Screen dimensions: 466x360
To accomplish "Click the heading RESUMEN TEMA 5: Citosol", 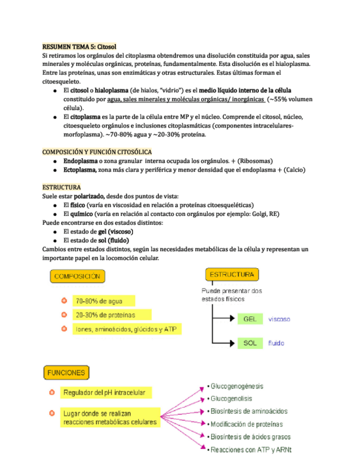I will point(79,47).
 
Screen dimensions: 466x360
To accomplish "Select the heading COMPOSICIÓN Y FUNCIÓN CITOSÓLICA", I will point(97,152).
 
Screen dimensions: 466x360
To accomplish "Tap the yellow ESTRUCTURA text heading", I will point(62,187).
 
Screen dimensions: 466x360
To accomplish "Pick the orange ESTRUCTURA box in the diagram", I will point(232,274).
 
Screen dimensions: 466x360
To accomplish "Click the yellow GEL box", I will point(249,319).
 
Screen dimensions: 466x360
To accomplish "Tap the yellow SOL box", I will point(249,343).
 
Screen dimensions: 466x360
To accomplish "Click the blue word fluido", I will point(276,343).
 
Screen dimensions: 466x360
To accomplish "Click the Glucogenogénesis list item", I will point(237,386).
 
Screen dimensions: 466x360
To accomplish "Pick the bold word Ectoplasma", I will point(80,170).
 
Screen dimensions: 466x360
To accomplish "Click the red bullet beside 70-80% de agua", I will point(64,301).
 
